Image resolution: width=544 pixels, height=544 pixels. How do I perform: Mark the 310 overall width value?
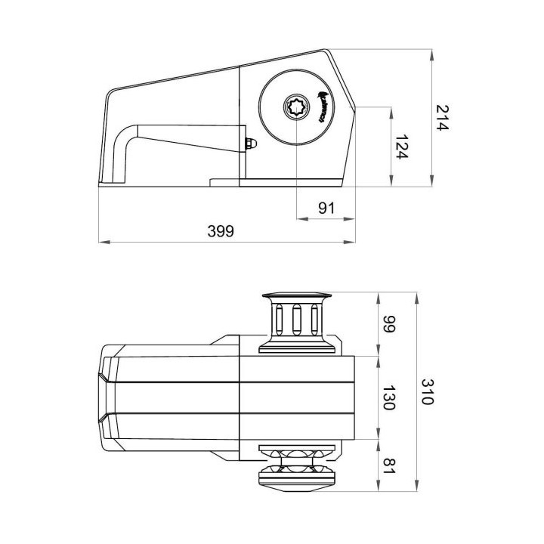pos(428,391)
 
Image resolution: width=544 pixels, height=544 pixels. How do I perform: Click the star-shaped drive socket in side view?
pos(296,109)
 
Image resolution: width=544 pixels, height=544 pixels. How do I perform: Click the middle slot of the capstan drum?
pos(296,318)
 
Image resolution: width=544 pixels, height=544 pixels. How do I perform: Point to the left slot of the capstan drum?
pos(280,318)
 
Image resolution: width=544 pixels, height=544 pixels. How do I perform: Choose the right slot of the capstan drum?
pos(313,318)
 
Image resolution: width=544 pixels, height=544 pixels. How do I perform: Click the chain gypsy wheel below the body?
pos(296,468)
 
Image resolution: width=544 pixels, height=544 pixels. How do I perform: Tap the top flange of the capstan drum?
pos(296,295)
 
